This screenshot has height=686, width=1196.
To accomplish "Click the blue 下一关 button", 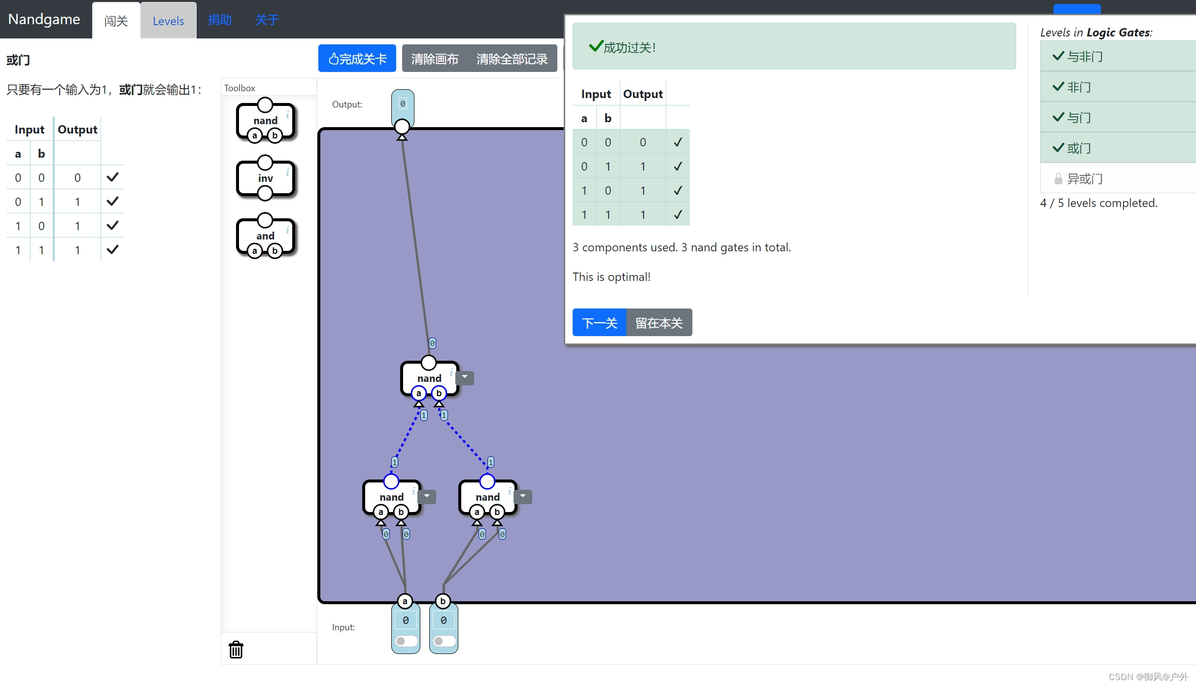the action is [599, 323].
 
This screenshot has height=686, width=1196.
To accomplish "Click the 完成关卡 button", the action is [357, 59].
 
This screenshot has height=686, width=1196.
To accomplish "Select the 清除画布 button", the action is [435, 59].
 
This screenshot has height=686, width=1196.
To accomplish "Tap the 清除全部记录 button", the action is [512, 59].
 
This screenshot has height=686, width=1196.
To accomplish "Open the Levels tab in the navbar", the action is [168, 21].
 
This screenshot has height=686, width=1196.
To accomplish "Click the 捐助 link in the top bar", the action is [220, 20].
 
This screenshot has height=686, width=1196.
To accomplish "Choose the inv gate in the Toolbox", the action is [265, 178].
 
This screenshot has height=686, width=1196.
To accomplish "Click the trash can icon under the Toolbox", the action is [236, 650].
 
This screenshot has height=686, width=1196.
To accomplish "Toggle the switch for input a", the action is [406, 641].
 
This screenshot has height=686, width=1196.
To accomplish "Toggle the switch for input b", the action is [444, 641].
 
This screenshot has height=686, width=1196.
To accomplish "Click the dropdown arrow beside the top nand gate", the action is [465, 377].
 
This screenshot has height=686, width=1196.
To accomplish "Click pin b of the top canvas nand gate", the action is [439, 393].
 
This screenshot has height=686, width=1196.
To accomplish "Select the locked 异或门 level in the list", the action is [1084, 178].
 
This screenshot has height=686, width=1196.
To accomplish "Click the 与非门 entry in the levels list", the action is [1084, 57].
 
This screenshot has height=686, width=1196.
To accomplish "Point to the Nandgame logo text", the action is [44, 19].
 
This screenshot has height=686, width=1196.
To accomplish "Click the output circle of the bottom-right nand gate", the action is [487, 481].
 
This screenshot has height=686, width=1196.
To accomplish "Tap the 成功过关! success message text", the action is [629, 47].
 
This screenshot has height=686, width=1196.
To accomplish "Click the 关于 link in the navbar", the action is [267, 20].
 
